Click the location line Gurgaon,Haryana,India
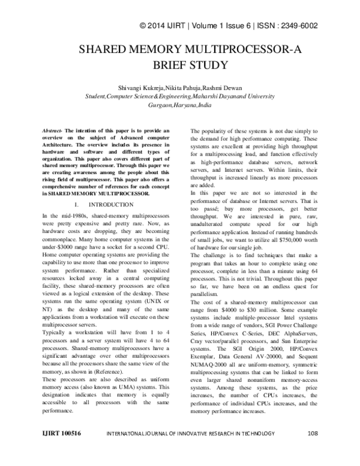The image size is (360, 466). click(x=180, y=104)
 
